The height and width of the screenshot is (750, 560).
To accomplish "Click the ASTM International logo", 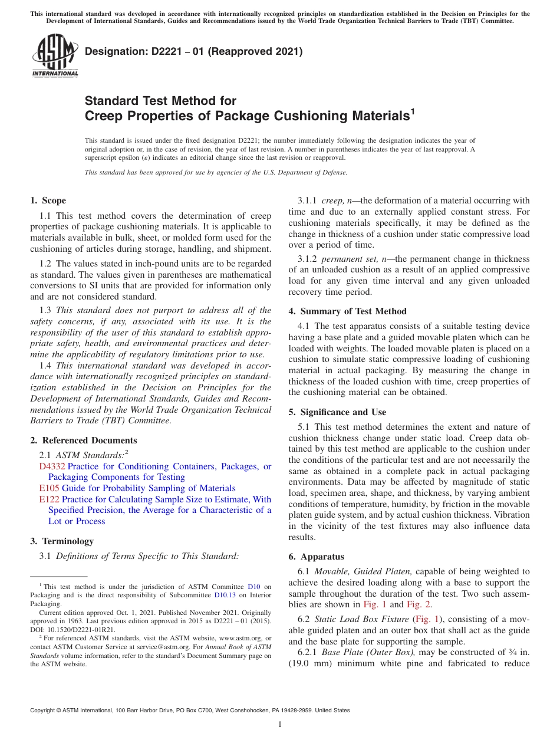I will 54,56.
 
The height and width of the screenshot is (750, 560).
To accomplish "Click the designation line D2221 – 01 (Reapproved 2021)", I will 193,51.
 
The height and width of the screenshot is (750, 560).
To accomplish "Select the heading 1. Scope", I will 48,200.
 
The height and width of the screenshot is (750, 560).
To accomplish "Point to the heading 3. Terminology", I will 61,541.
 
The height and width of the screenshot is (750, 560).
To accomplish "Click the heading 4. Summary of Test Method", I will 347,311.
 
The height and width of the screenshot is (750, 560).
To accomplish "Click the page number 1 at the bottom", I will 280,725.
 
